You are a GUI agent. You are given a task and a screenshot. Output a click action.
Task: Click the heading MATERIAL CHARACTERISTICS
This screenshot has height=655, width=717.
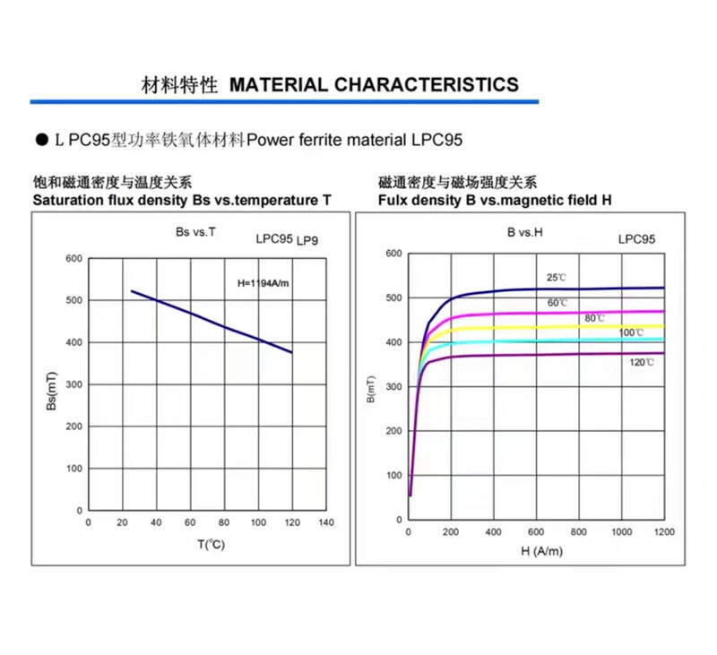click(x=374, y=85)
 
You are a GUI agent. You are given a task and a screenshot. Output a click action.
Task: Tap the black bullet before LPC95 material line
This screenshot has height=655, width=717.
click(x=40, y=141)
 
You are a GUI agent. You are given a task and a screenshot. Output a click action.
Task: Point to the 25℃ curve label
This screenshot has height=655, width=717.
click(x=557, y=278)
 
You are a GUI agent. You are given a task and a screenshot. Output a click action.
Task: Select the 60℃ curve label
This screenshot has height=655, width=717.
click(x=557, y=303)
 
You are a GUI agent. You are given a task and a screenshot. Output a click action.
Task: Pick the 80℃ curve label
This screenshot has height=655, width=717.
click(x=595, y=318)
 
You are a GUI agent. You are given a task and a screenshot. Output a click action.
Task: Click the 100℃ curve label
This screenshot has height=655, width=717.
click(x=631, y=332)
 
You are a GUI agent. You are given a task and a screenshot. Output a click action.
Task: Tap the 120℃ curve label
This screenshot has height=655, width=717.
click(x=642, y=362)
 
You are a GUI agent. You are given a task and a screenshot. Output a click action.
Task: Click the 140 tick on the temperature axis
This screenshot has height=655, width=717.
click(x=326, y=521)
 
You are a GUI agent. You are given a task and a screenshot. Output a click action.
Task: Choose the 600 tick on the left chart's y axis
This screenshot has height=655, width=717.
click(x=74, y=259)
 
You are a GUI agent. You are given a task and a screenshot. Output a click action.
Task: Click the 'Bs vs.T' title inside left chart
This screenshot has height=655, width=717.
click(x=195, y=233)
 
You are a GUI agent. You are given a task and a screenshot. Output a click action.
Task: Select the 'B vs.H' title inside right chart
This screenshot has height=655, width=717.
click(x=525, y=233)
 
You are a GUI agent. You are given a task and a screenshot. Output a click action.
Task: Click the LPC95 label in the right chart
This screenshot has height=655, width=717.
click(x=636, y=239)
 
